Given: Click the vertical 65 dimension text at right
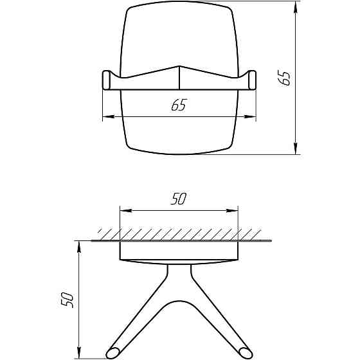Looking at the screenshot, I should click(285, 78).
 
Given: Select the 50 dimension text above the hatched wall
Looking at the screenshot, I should click(179, 199).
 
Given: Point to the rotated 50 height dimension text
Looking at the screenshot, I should click(67, 300).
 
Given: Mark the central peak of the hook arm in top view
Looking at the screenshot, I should click(179, 67).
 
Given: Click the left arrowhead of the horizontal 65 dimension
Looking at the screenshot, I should click(107, 116).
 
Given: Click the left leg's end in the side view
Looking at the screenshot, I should click(114, 353).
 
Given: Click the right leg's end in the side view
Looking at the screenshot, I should click(244, 353).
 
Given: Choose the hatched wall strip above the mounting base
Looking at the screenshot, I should click(179, 233).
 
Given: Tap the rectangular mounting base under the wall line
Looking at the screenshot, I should click(179, 251).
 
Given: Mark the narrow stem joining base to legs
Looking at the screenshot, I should click(179, 273).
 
